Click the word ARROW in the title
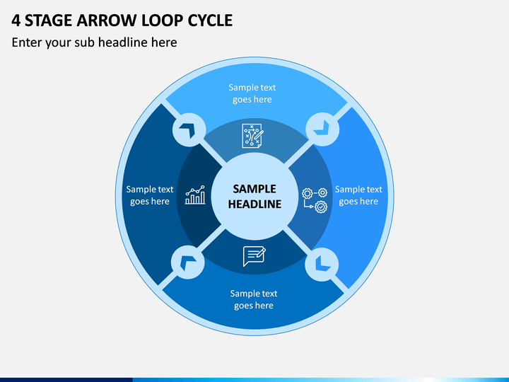107,21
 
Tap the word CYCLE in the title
210,21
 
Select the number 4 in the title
16,21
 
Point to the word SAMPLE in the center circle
255,189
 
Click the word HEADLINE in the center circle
255,204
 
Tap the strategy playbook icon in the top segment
252,136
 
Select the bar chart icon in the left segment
195,195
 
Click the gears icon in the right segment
315,200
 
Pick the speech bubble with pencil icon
255,256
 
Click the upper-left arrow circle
189,130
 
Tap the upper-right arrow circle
322,129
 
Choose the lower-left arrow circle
187,262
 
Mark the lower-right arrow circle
322,264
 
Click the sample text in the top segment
252,93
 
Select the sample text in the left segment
150,195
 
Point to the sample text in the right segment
358,195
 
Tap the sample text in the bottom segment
254,299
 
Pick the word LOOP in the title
163,21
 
